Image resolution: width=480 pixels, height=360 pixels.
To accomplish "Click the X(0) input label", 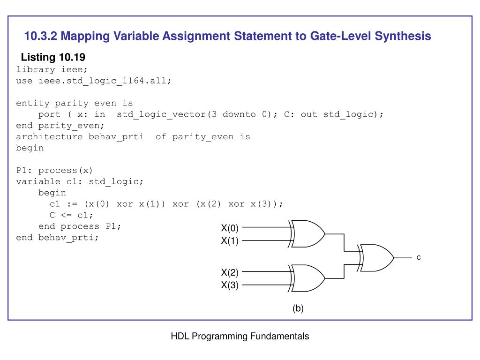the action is click(x=230, y=229).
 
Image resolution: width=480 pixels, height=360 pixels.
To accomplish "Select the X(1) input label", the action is click(x=230, y=241).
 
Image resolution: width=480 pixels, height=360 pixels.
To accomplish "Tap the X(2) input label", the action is click(x=230, y=273).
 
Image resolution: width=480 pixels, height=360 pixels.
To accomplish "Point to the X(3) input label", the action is click(x=230, y=285).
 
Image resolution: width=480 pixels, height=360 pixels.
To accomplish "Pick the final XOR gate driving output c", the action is click(x=377, y=257).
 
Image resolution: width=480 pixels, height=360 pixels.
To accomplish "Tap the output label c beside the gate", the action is click(x=419, y=258).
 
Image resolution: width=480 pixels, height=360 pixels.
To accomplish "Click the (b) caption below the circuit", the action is click(x=298, y=308).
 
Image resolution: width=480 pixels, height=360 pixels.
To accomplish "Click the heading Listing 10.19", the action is click(x=53, y=58).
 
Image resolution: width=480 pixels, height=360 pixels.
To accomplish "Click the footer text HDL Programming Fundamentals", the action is click(x=240, y=336).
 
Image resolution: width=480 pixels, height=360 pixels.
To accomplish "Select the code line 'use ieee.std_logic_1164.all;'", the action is click(x=94, y=81).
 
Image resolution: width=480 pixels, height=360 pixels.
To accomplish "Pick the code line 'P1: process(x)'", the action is click(x=55, y=170).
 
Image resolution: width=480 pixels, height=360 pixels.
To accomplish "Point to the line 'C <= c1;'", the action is click(x=71, y=215).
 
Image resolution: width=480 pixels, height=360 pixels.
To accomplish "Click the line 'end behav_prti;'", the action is click(x=58, y=238).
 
